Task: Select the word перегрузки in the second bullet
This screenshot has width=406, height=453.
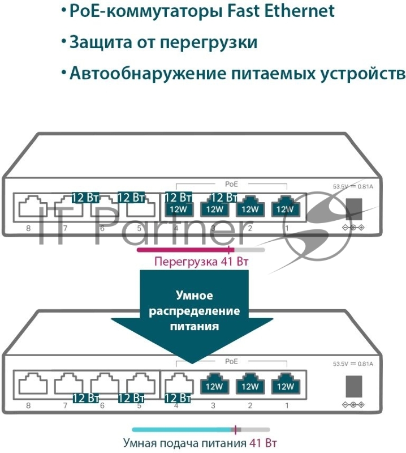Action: point(209,42)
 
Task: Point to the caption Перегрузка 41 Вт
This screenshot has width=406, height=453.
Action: point(202,262)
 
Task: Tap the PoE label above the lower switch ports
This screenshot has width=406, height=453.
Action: point(232,361)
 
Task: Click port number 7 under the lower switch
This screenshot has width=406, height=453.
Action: point(65,406)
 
